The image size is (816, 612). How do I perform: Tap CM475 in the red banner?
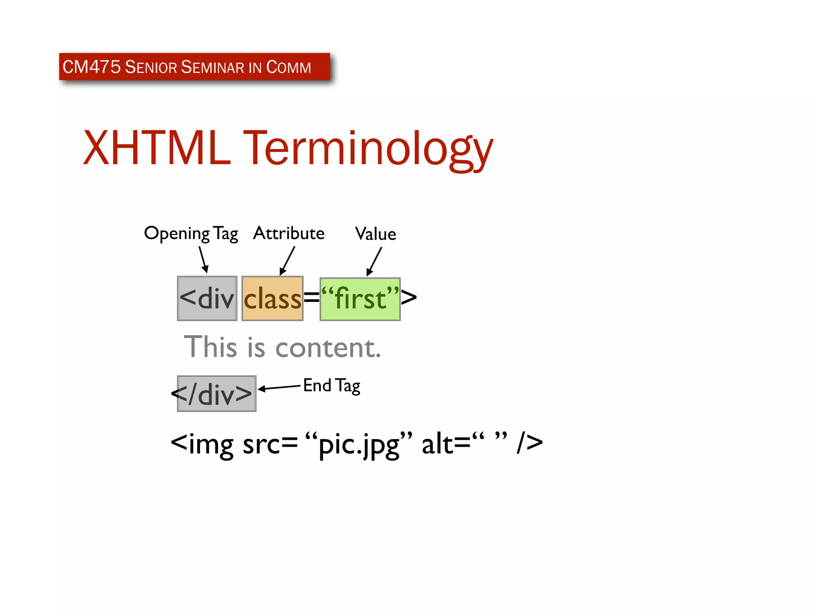pos(91,67)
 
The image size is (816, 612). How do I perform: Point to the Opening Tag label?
pos(191,233)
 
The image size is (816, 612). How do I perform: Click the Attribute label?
pos(288,233)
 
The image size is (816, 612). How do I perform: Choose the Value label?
pos(375,234)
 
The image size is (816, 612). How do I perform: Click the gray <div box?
pos(207,298)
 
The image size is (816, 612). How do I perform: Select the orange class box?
pos(273,298)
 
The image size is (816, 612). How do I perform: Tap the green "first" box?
pos(360,299)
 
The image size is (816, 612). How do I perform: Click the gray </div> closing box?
pos(216,394)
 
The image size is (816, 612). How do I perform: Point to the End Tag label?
pos(331,386)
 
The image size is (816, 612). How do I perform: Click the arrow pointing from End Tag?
pos(279,387)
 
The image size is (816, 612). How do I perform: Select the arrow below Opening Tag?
pos(204,259)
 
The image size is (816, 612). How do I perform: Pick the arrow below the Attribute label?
pos(287,261)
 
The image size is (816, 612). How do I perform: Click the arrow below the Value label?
pos(374,261)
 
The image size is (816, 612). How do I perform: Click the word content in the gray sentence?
pos(328,347)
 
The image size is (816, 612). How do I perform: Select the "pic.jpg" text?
pos(359,444)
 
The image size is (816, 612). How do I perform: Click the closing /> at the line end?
pos(530,443)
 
